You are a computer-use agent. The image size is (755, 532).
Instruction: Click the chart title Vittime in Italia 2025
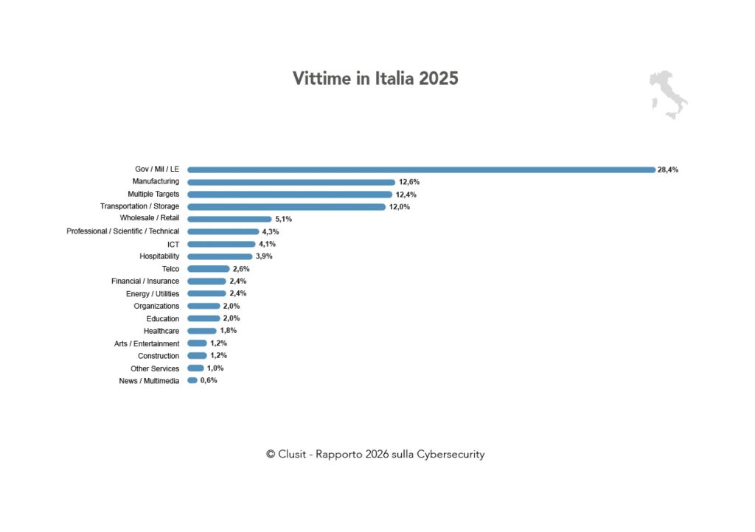click(375, 78)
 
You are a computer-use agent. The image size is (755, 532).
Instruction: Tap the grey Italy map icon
click(668, 95)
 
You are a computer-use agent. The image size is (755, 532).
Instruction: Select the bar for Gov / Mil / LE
click(421, 169)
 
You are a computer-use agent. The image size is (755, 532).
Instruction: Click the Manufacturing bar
click(291, 182)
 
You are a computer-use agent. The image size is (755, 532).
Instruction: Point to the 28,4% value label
click(668, 169)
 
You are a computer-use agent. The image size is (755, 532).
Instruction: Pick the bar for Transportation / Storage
click(287, 207)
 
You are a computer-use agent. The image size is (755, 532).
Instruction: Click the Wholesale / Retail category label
click(150, 219)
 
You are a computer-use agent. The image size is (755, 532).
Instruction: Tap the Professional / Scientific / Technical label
click(122, 231)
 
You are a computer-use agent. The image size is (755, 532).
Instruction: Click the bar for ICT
click(221, 244)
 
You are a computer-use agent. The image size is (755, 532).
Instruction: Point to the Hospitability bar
click(220, 256)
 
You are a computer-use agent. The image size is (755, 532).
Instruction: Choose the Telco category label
click(170, 269)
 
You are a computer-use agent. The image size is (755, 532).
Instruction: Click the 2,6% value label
click(241, 269)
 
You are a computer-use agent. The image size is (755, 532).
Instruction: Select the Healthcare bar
click(202, 331)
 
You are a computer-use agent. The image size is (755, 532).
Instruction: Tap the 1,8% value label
click(229, 331)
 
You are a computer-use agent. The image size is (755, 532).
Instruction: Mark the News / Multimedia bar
click(192, 380)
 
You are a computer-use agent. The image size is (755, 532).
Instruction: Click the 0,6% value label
click(209, 380)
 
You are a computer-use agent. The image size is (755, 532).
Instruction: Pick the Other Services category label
click(155, 368)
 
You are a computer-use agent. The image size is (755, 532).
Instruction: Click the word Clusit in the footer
click(293, 455)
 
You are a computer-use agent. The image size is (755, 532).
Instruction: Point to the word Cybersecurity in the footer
click(450, 455)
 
